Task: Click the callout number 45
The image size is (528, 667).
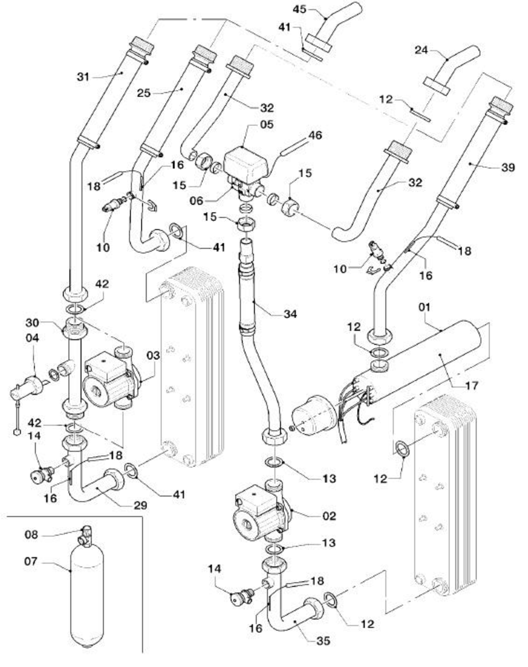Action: click(x=300, y=9)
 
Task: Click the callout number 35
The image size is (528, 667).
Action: click(x=323, y=641)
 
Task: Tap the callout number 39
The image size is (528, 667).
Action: click(x=508, y=168)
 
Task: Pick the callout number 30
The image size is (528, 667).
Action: click(x=33, y=323)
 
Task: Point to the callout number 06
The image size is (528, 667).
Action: click(x=197, y=201)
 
